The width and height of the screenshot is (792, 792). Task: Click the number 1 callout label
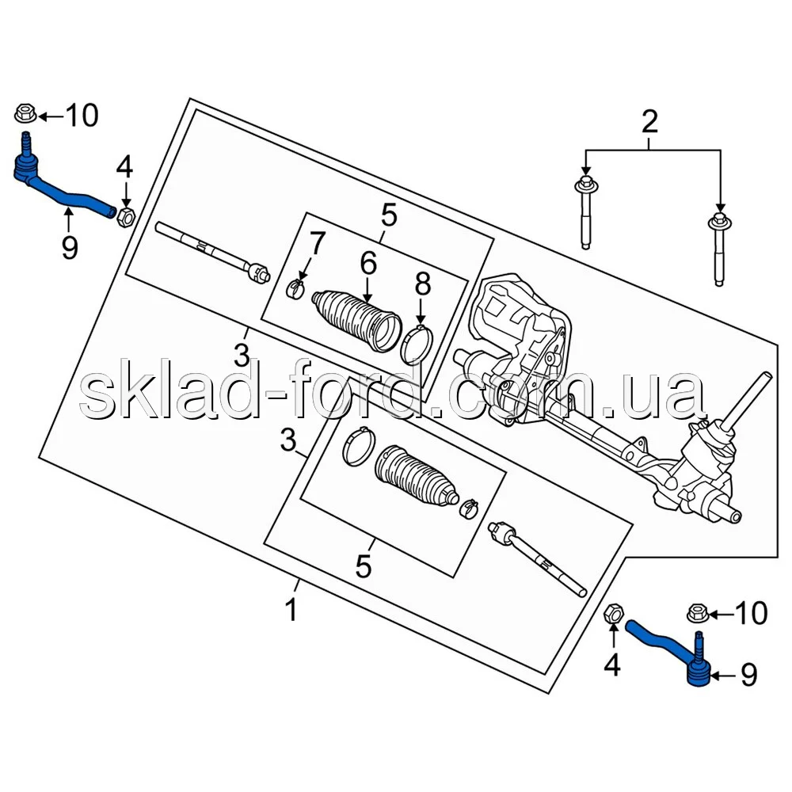[291, 611]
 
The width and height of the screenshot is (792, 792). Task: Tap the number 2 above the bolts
[649, 122]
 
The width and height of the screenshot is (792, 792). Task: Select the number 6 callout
[368, 264]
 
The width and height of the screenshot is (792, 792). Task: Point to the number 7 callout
[316, 243]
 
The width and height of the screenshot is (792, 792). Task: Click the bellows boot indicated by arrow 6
[356, 319]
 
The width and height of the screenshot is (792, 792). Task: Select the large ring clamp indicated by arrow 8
[417, 346]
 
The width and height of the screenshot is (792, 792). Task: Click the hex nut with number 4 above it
[126, 216]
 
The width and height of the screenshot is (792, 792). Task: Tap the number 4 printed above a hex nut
[124, 168]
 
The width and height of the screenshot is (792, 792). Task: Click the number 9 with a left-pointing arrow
[748, 674]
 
